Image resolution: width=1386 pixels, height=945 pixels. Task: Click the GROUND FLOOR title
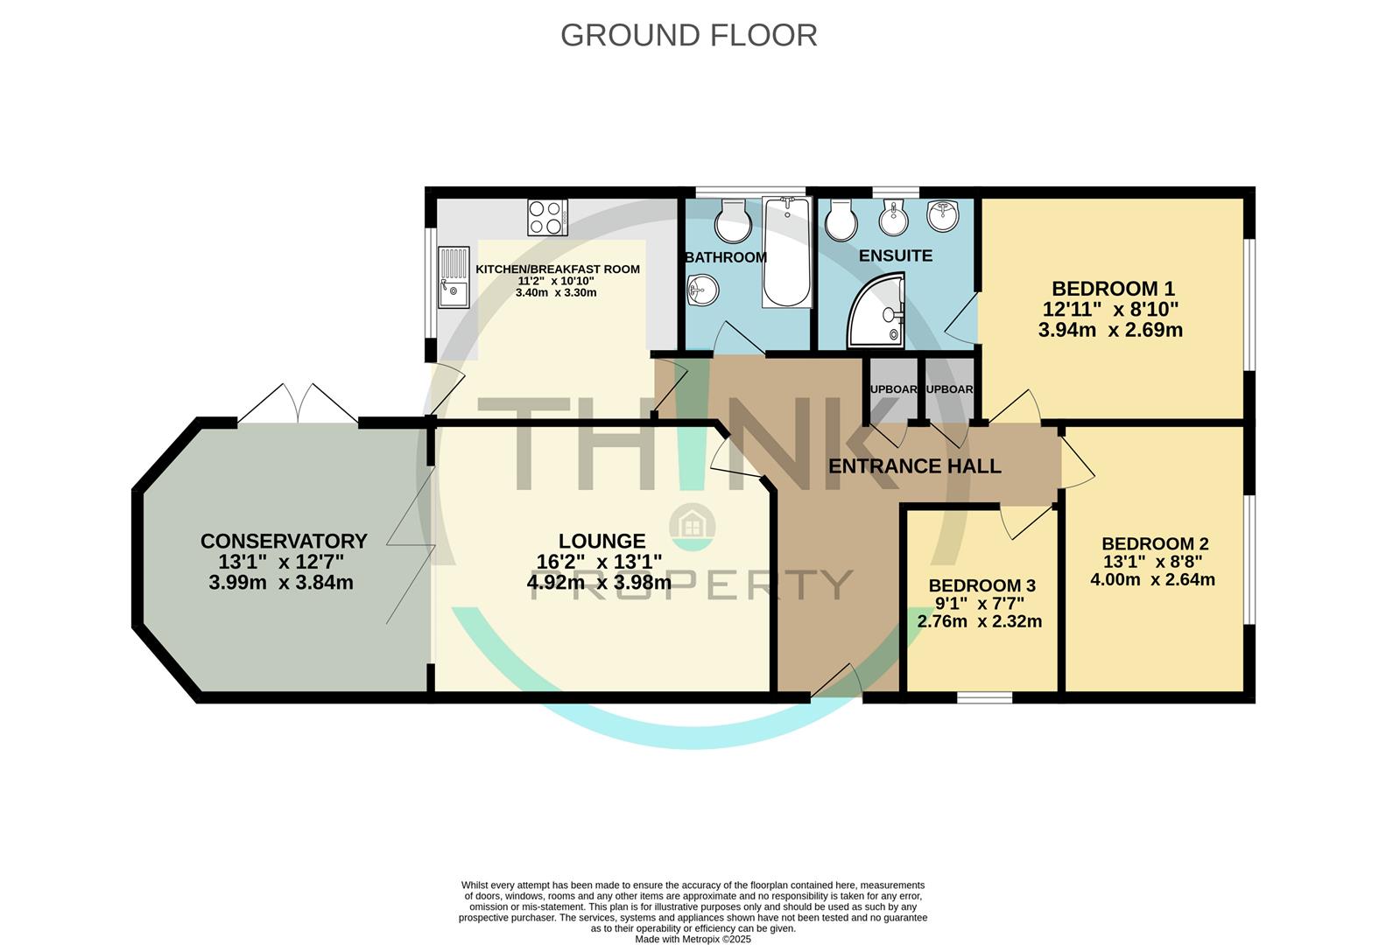688,35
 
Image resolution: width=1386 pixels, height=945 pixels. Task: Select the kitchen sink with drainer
454,277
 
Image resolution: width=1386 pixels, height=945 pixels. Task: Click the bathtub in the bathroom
787,252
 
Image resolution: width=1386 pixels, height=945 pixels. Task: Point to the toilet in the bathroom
732,220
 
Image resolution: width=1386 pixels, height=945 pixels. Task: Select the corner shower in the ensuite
878,311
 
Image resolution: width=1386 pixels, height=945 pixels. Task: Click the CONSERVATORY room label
283,542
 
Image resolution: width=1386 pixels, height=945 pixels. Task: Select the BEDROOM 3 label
981,585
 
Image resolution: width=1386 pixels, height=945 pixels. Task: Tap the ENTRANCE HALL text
914,466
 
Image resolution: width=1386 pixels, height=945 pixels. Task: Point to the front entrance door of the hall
836,682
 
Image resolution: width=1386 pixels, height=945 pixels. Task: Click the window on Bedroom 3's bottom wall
984,697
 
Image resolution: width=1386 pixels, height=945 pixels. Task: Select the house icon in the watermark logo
692,526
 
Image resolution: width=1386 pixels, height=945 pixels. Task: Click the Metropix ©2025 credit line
693,940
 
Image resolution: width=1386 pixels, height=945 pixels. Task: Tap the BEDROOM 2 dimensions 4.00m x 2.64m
1152,579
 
